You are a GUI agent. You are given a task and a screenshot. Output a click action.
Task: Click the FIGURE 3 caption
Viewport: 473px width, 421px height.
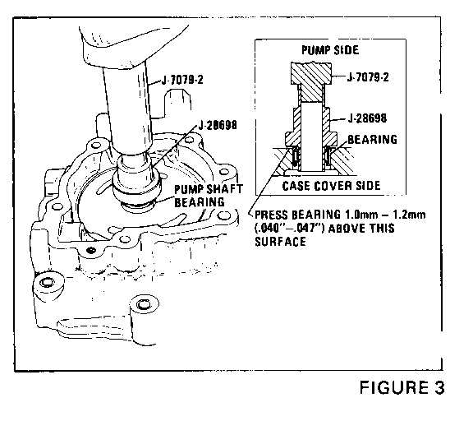[402, 387]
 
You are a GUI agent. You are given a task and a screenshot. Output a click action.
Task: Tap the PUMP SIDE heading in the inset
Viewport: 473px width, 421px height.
[330, 50]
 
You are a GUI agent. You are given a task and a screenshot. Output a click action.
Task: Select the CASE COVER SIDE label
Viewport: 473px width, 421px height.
[331, 186]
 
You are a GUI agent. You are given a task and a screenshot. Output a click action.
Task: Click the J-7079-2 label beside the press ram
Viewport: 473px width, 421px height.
[182, 80]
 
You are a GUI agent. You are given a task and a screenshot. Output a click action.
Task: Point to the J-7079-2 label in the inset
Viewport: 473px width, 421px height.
[368, 77]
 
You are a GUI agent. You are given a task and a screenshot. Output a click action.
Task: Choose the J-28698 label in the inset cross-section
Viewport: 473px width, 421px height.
[367, 118]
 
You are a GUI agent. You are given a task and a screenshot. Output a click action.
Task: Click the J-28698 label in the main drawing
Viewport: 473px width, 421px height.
[218, 125]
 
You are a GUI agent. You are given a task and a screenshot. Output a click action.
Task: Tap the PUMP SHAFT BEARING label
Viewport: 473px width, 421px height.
[209, 196]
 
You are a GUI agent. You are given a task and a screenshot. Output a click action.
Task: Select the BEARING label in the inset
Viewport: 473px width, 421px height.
[373, 140]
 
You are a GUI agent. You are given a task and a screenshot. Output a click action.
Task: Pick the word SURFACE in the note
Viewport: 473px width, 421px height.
[280, 242]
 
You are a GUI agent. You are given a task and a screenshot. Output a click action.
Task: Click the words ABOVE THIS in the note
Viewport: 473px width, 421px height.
[361, 228]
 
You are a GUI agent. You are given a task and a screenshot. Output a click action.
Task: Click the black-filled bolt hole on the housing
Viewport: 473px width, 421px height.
[91, 250]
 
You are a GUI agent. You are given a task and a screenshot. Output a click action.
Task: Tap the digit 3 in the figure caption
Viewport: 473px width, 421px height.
[439, 387]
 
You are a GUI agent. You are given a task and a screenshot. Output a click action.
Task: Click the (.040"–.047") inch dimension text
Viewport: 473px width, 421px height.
[290, 228]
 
